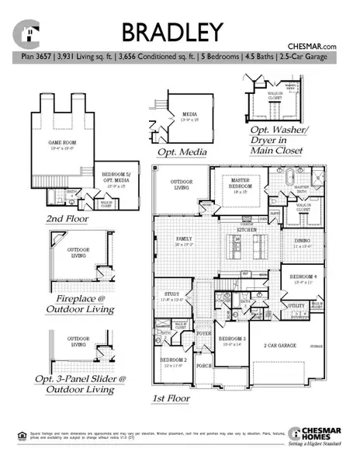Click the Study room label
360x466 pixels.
coord(171,294)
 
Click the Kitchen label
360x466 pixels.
coord(247,231)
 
